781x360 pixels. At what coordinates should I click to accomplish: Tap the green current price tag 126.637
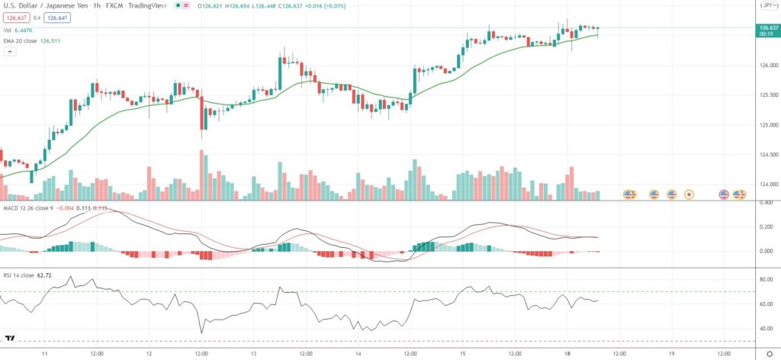[x=767, y=28]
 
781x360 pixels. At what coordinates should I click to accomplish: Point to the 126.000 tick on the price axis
[x=767, y=66]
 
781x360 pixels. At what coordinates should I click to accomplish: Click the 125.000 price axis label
[x=767, y=125]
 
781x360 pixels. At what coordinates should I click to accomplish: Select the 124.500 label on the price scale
[x=767, y=155]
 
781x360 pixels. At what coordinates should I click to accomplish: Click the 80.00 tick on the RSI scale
[x=767, y=280]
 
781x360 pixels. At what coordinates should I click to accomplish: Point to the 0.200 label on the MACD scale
[x=767, y=227]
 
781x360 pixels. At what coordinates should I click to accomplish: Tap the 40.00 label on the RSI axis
[x=767, y=329]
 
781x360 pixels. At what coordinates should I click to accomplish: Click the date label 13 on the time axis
[x=253, y=354]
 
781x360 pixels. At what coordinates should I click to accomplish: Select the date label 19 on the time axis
[x=671, y=354]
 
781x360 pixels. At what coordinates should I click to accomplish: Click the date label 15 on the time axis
[x=462, y=354]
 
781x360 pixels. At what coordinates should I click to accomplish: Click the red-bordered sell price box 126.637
[x=16, y=17]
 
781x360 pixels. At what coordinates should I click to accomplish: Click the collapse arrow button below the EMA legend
[x=11, y=52]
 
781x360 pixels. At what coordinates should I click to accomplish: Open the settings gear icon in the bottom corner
[x=770, y=354]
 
